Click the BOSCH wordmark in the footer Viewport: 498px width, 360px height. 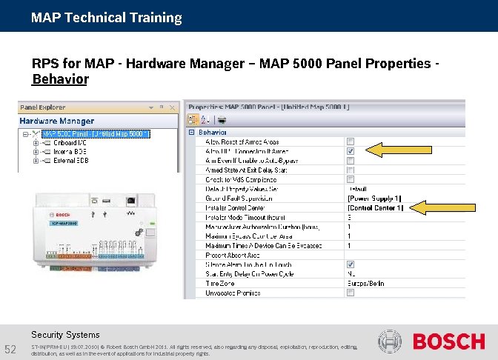click(448, 341)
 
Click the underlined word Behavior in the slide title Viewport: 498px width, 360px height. click(60, 79)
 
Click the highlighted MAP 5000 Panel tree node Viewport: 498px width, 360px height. click(99, 133)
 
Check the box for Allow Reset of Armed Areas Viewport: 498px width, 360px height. click(351, 141)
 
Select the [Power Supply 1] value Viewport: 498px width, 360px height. click(375, 198)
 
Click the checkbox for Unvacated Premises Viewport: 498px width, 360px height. click(351, 293)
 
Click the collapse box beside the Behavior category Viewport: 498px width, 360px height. click(191, 132)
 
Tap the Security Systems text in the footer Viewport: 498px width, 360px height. click(65, 335)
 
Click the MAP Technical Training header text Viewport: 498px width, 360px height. click(106, 17)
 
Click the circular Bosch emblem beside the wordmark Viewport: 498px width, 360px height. click(390, 341)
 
